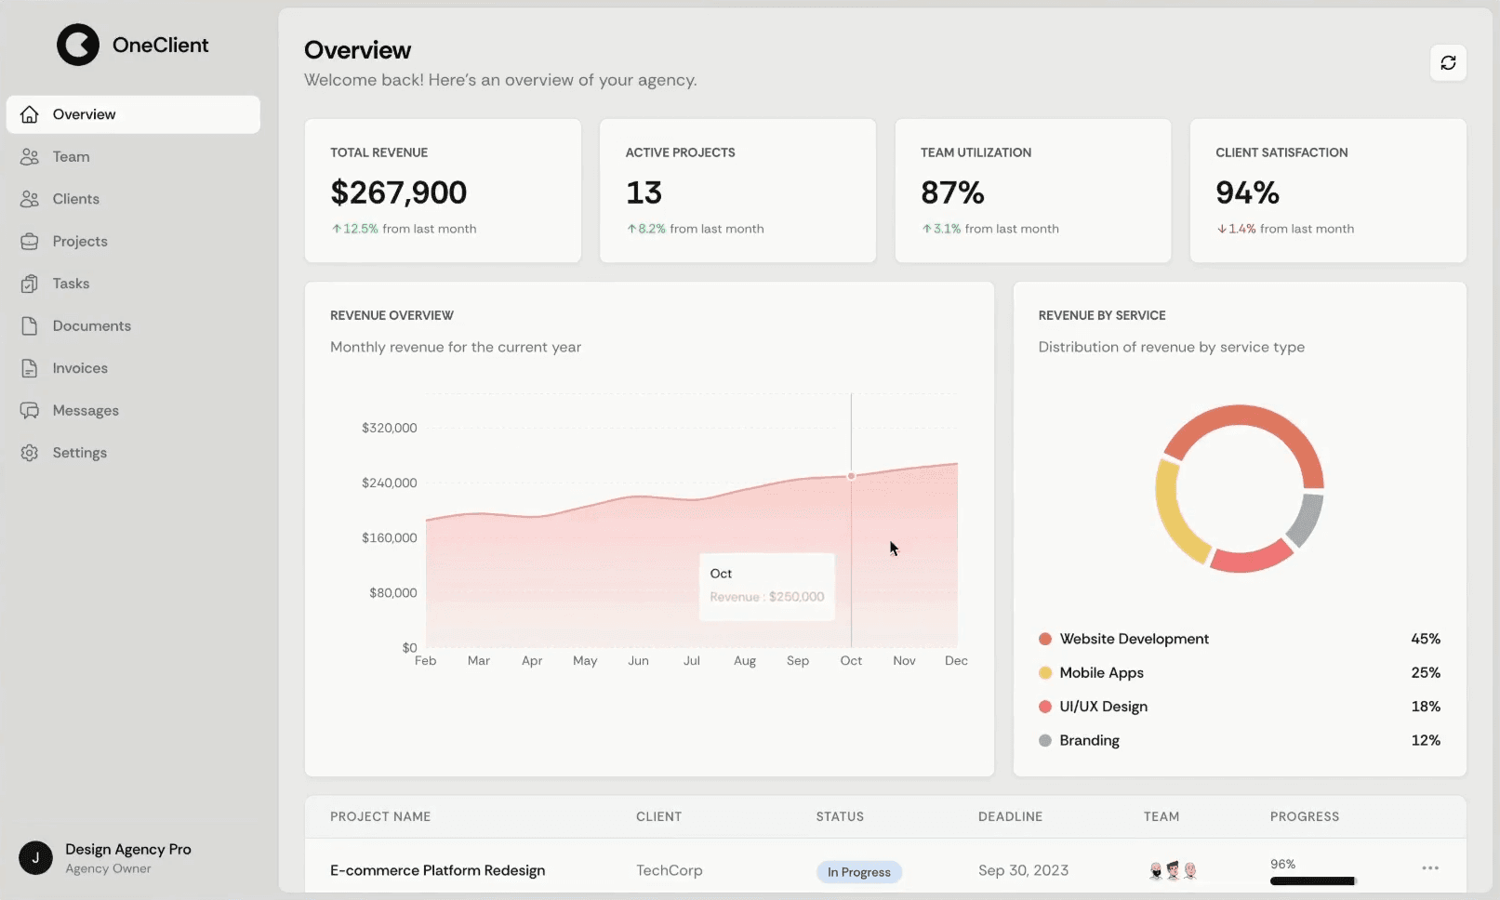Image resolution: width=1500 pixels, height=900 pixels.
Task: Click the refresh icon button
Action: point(1448,63)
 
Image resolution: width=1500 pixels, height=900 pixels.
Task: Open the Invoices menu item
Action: point(80,368)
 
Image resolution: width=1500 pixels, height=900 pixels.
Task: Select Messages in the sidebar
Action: point(86,410)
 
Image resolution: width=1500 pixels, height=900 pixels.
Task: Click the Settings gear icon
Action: point(30,453)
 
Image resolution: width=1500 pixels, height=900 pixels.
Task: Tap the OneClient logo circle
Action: point(78,45)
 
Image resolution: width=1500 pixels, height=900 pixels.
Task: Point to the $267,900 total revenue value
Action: point(399,192)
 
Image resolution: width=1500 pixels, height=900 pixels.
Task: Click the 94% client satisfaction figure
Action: point(1247,192)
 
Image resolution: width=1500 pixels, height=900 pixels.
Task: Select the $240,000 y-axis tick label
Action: point(389,483)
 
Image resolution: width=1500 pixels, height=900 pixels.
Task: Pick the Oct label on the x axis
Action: point(851,660)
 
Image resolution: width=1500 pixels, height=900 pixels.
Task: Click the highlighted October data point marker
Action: point(851,476)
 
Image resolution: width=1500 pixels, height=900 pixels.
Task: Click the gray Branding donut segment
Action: point(1306,521)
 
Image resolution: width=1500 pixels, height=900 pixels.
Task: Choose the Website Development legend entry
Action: point(1134,639)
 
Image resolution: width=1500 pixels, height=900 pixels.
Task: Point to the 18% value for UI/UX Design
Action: point(1425,707)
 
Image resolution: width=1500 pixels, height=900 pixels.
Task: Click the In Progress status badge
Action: point(859,872)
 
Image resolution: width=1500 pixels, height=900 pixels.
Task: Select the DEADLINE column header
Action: point(1010,816)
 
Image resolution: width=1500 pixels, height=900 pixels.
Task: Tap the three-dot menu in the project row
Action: point(1430,868)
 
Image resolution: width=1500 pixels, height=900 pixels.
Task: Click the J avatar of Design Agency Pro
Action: point(36,857)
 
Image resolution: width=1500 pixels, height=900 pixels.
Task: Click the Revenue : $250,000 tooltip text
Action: point(767,597)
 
